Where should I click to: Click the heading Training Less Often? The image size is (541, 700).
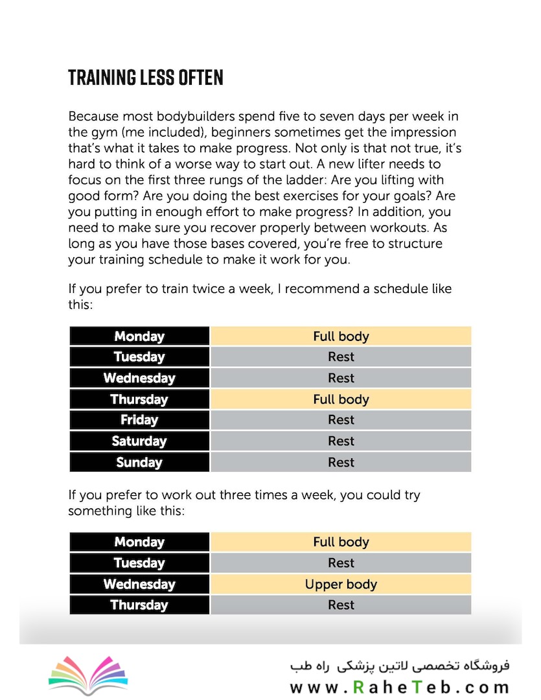146,78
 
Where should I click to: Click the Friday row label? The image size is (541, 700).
139,420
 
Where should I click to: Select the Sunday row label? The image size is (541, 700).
139,462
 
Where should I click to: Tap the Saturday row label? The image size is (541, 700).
139,441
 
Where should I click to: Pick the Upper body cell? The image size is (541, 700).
341,584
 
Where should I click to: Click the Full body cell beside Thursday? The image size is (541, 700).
341,399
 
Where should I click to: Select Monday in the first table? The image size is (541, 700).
139,336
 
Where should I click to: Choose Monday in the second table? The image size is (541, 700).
139,542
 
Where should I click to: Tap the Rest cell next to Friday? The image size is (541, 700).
341,420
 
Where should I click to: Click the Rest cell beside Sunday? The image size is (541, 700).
341,462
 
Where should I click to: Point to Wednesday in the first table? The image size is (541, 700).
139,378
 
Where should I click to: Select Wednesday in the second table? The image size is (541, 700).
139,584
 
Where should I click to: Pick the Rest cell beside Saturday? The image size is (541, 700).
341,441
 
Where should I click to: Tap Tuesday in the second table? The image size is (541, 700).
139,563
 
